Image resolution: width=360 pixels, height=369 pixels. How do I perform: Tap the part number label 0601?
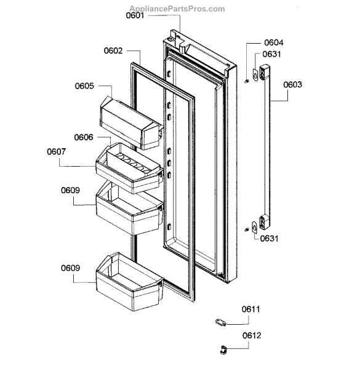point(137,15)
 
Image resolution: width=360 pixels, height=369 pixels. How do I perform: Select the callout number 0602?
point(113,52)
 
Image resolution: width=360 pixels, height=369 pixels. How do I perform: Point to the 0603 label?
point(293,86)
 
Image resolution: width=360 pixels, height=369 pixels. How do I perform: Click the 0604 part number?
point(274,42)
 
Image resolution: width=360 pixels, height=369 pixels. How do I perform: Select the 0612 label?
point(251,336)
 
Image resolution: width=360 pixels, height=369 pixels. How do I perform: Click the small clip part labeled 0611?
point(221,320)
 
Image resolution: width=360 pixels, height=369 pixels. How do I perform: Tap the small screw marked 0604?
point(246,79)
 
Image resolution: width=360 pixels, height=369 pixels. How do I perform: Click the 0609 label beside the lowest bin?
point(71,268)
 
